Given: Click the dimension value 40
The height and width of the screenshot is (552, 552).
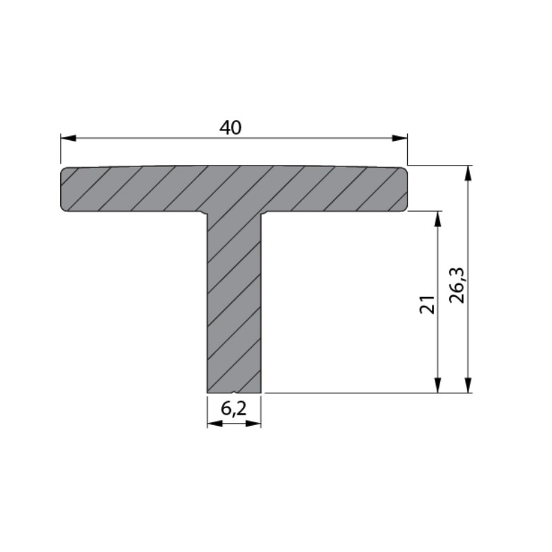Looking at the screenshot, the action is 230,128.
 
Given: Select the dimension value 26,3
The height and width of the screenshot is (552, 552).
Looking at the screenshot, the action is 457,286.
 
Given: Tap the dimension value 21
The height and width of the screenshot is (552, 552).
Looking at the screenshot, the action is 427,304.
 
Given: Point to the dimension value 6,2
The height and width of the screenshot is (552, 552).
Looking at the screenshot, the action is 233,408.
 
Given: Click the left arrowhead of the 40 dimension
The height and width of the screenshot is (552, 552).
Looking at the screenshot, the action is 68,138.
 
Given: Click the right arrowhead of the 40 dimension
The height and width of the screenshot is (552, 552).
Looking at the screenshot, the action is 400,138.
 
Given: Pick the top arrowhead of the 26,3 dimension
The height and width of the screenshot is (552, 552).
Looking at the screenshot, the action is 468,173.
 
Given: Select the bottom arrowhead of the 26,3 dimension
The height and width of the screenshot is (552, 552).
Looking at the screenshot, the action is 468,385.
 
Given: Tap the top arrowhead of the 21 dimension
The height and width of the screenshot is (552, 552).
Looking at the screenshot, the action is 437,219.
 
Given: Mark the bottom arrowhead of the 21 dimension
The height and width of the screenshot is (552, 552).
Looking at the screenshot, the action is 437,385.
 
